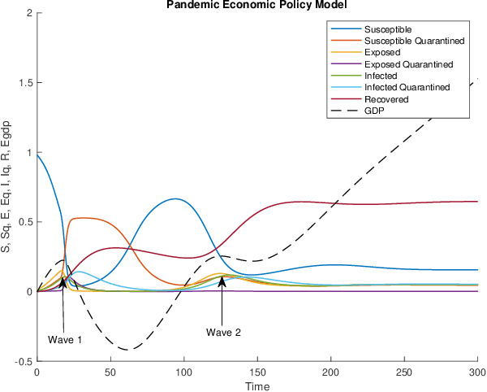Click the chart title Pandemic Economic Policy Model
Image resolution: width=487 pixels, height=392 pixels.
(x=256, y=5)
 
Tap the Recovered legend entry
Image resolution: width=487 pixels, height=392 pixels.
(x=388, y=99)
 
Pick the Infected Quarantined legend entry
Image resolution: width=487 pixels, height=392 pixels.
(x=402, y=88)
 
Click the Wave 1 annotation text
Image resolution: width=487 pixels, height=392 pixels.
(x=65, y=339)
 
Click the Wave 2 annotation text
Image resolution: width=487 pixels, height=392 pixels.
(x=223, y=332)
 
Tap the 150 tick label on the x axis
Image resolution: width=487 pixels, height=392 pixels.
(x=257, y=372)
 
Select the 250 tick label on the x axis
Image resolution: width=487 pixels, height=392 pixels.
(x=404, y=372)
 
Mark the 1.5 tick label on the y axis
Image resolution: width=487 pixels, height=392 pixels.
(x=25, y=83)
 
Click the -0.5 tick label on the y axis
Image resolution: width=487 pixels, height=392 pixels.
(x=24, y=360)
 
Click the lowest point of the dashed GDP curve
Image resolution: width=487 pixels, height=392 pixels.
(x=126, y=350)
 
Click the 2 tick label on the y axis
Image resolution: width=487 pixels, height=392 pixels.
(x=29, y=14)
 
